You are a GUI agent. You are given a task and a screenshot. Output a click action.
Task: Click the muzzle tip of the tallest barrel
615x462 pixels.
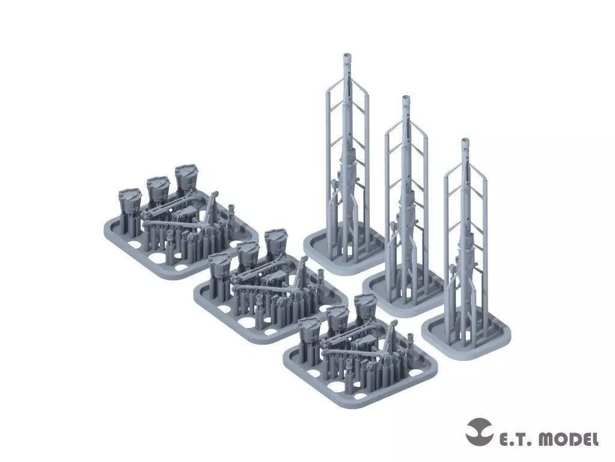[348, 55]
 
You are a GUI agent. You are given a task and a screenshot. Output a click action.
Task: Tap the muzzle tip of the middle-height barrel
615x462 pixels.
[406, 97]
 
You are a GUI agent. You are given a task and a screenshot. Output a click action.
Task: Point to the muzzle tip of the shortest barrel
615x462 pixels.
[465, 141]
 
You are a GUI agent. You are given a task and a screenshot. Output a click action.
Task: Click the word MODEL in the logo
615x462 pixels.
[568, 439]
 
